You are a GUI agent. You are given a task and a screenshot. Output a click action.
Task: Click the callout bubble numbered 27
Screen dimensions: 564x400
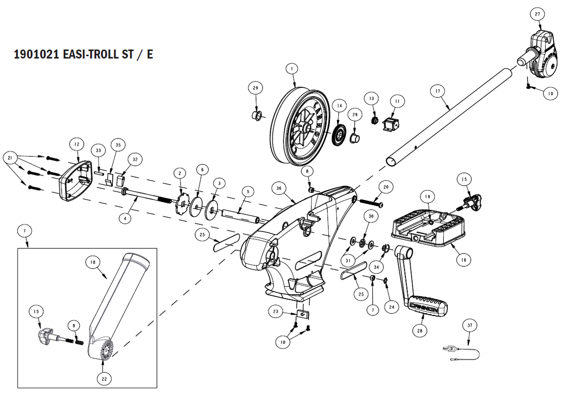coord(538,14)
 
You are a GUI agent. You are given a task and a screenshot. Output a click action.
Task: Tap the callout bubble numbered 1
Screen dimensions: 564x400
coord(292,69)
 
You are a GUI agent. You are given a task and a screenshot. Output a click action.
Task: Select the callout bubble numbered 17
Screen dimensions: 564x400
coord(438,91)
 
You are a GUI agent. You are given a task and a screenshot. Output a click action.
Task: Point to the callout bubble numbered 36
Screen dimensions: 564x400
coord(279,188)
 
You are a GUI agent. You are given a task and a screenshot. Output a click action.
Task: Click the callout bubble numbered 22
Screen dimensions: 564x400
coord(104,379)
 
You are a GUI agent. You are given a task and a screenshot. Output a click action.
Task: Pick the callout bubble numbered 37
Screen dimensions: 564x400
coord(470,325)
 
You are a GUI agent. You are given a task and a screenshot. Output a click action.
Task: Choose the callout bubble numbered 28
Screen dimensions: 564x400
coord(420,331)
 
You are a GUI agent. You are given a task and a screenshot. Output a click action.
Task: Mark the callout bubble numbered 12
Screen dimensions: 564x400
coord(77,144)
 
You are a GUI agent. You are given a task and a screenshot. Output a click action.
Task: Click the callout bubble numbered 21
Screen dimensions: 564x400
coord(10,158)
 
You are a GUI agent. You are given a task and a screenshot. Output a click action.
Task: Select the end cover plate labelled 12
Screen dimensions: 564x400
coord(76,181)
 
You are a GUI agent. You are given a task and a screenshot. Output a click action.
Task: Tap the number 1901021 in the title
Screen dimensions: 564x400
coord(36,54)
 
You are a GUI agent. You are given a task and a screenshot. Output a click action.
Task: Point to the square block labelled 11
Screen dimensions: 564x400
coord(391,124)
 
